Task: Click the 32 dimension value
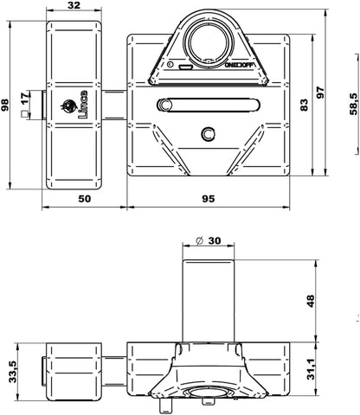tap(74, 5)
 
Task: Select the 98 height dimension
tap(5, 105)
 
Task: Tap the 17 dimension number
tap(25, 99)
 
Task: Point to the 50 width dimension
tap(85, 199)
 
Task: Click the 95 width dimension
tap(209, 199)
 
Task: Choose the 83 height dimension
tap(304, 105)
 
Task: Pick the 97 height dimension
tap(320, 93)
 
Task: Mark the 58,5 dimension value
tap(354, 105)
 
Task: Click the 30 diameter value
tap(215, 240)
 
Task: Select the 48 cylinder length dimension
tap(311, 301)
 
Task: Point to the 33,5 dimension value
tap(13, 372)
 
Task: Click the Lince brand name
tap(83, 105)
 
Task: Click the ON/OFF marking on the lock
tap(240, 66)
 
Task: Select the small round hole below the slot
tap(208, 133)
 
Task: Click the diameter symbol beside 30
tap(200, 240)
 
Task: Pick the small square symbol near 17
tap(25, 114)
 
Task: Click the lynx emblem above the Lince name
tap(68, 106)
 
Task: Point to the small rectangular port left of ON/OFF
tap(185, 67)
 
